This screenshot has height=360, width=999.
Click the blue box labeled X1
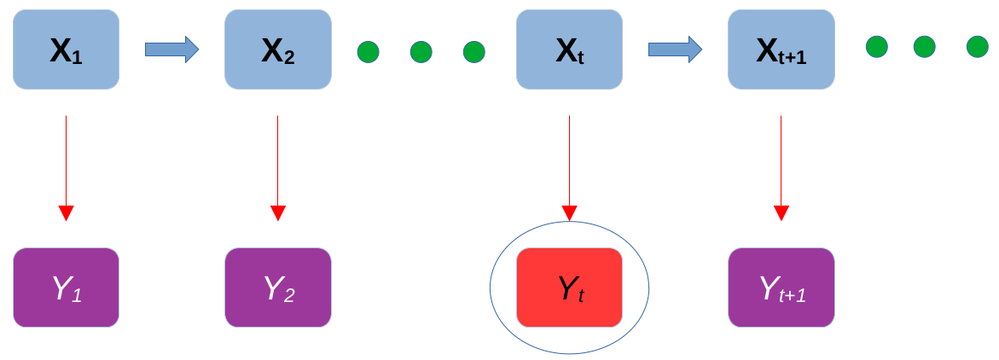(x=66, y=49)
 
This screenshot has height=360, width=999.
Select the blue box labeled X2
(x=277, y=49)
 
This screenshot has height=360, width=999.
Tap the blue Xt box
(x=569, y=49)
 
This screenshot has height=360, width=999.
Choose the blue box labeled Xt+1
(x=781, y=49)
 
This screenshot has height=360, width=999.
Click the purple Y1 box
(x=66, y=287)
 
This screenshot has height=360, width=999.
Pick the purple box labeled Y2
(x=277, y=287)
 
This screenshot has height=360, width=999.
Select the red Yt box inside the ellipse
(x=569, y=287)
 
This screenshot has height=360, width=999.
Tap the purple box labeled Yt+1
(x=781, y=287)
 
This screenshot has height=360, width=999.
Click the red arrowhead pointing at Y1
(x=66, y=212)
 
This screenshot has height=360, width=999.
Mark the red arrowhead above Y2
(x=277, y=212)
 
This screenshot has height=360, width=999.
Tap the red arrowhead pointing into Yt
(x=569, y=212)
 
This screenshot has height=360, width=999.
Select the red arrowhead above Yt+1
(x=781, y=212)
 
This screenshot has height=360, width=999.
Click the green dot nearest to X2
(x=369, y=52)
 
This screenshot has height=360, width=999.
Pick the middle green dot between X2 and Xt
(x=421, y=52)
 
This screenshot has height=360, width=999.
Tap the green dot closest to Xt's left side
(x=474, y=52)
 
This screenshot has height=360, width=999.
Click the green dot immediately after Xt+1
(x=876, y=47)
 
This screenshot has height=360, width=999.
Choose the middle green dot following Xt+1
(x=925, y=47)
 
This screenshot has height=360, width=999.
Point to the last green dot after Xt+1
(x=978, y=47)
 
